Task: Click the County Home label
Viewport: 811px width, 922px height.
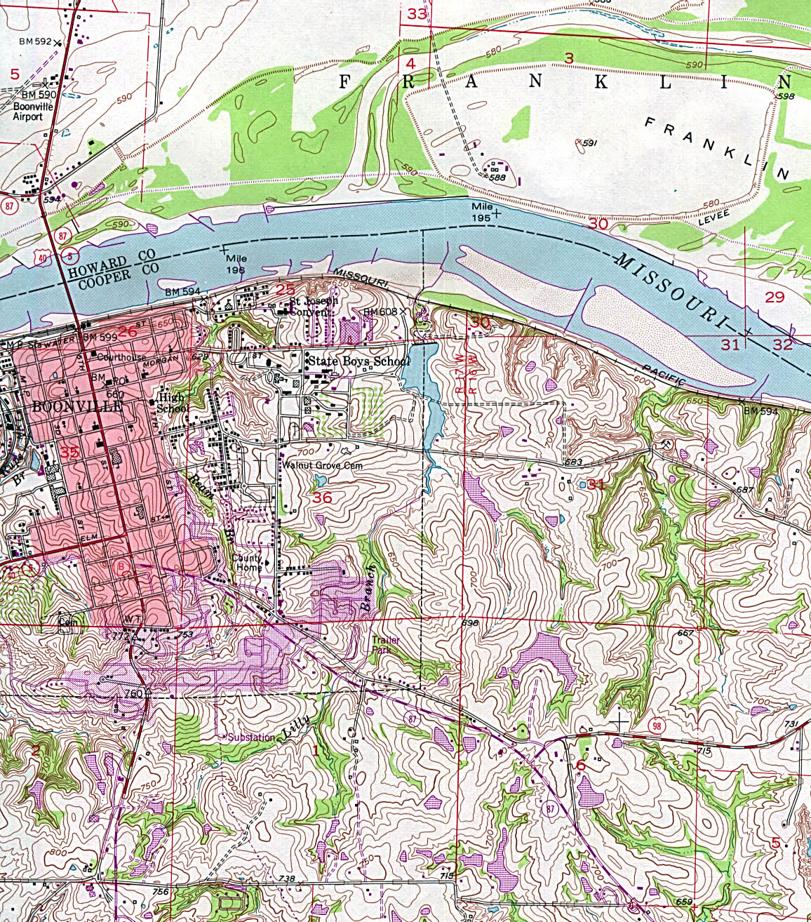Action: pos(247,563)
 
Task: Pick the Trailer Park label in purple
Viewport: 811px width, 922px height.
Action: pos(386,646)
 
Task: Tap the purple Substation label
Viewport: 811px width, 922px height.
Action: pos(250,737)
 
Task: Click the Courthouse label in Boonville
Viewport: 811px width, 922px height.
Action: pos(121,357)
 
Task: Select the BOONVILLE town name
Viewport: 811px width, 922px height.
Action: pos(77,406)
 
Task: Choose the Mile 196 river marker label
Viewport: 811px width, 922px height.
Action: pos(236,264)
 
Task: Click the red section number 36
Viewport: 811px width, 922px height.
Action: pos(322,497)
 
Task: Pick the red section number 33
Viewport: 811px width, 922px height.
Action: pos(417,13)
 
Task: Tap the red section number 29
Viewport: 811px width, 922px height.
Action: pos(775,297)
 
